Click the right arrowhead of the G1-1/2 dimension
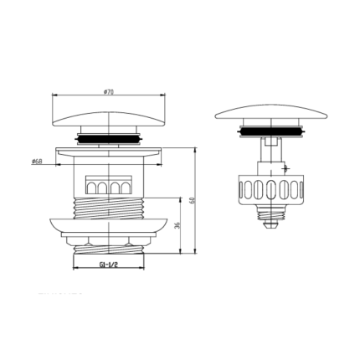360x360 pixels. click(144, 268)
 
